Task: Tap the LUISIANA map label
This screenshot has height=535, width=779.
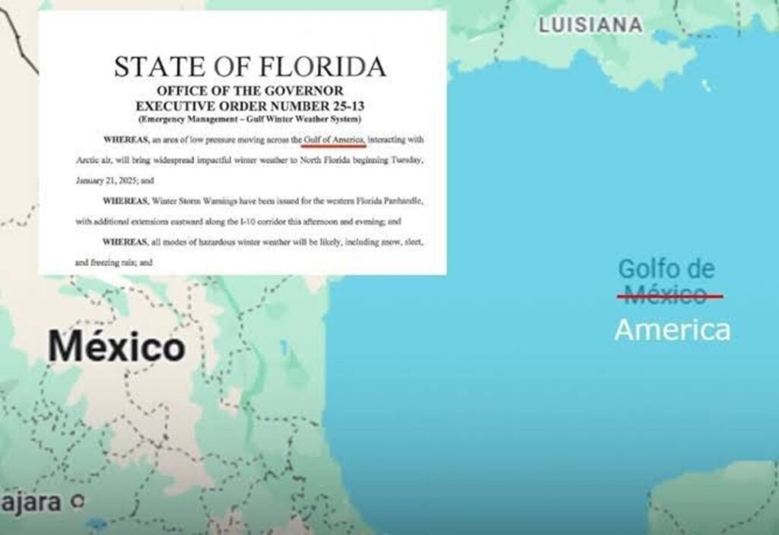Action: pos(590,25)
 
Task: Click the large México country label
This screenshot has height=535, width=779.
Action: pos(116,347)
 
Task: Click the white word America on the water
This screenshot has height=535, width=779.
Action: pos(672,330)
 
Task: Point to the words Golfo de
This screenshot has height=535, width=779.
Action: pos(666,269)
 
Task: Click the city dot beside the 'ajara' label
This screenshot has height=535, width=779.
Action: pos(75,501)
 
